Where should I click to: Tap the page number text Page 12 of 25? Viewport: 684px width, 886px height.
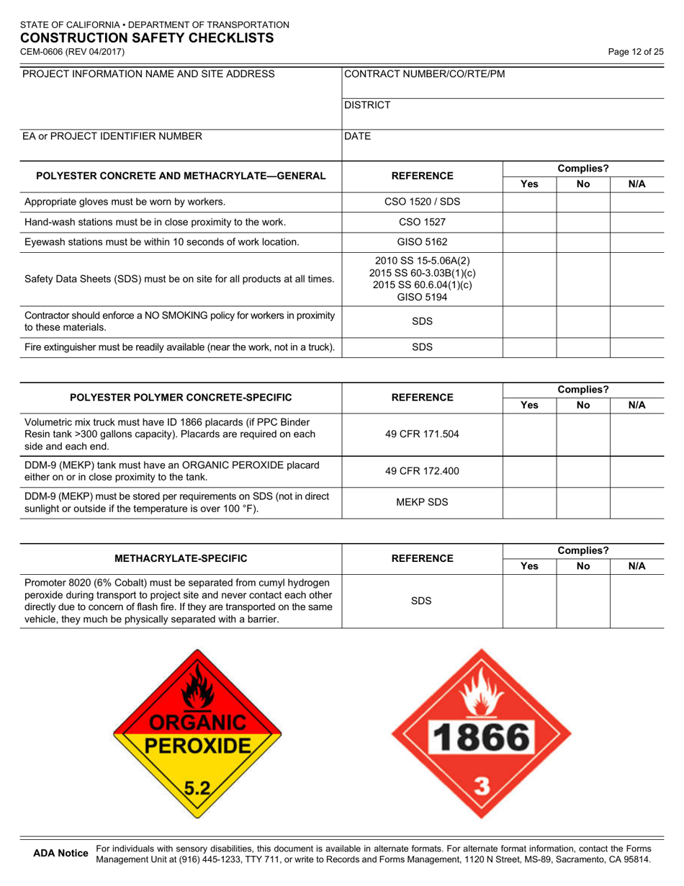click(x=635, y=52)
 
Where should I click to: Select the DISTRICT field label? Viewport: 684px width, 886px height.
click(x=367, y=105)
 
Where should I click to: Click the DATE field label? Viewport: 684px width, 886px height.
click(x=358, y=135)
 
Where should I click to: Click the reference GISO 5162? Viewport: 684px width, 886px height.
click(x=421, y=241)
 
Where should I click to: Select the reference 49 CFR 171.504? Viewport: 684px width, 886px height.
click(x=421, y=433)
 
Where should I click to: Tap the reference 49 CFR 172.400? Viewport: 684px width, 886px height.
click(x=421, y=470)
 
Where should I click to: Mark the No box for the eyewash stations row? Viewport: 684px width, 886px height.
click(x=583, y=241)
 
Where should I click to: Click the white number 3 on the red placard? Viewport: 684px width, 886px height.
click(x=481, y=788)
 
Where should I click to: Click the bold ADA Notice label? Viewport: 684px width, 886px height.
click(x=61, y=854)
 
